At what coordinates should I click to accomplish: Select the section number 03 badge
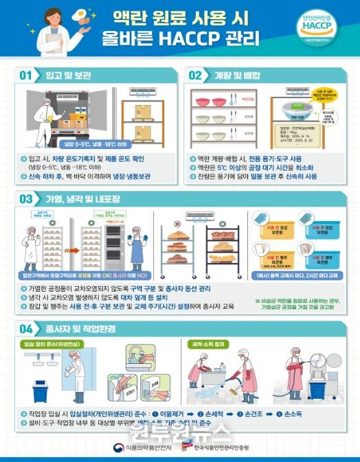25,200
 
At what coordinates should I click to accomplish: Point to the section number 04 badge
25,328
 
